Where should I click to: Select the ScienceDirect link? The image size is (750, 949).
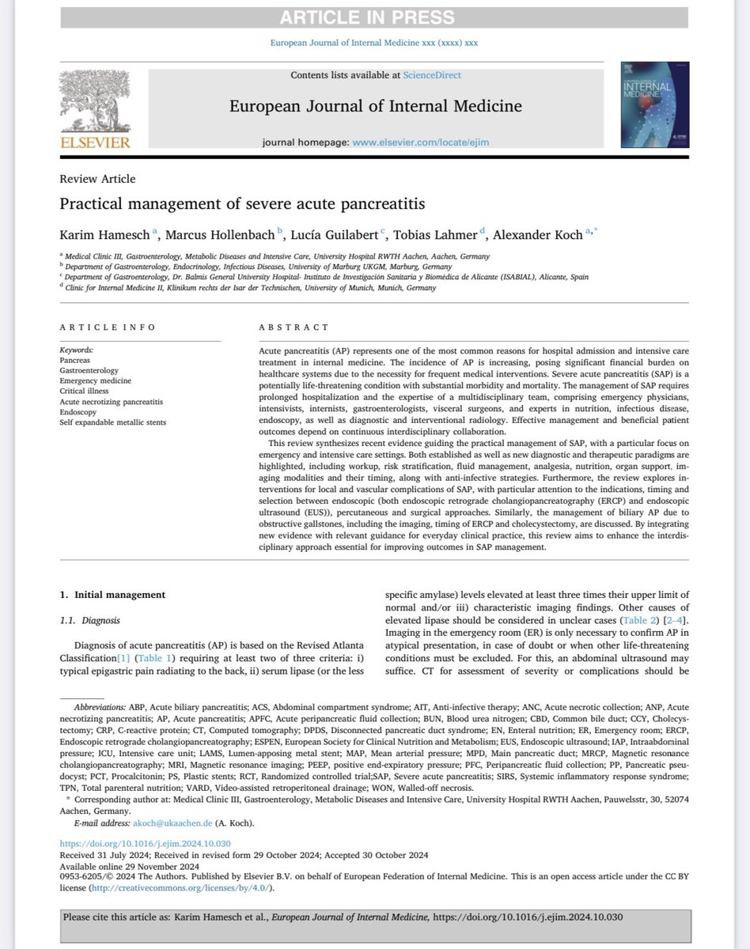432,75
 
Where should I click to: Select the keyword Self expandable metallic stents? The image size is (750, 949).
114,422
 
